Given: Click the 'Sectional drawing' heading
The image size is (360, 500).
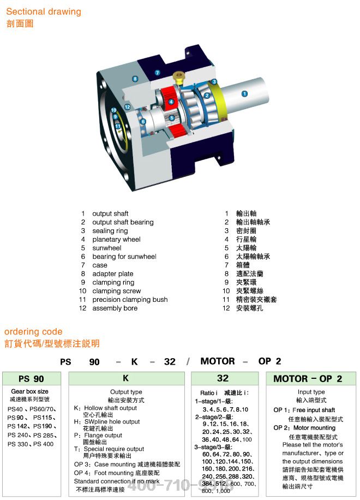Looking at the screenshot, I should (44, 11).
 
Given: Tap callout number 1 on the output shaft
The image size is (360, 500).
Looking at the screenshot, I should (244, 93).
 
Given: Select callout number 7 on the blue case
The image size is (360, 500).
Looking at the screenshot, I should (157, 73).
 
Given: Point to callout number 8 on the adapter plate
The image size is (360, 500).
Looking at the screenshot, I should (135, 79).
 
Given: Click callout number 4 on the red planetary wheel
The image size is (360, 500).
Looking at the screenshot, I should (171, 102).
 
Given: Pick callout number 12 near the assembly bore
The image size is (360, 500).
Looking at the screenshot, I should (127, 107).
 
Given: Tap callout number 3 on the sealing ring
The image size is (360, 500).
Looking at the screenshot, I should (214, 82).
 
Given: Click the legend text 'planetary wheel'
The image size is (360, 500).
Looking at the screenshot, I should (116, 239).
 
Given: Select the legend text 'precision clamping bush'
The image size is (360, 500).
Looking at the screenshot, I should (130, 300).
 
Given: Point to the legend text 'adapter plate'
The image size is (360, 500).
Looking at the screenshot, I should (112, 273).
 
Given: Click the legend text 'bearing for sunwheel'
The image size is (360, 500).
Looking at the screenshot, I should (124, 257).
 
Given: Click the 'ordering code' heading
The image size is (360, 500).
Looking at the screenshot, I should (33, 331).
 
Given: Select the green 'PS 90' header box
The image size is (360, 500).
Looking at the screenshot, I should (31, 378).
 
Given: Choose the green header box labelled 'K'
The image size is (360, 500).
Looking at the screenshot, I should (126, 378).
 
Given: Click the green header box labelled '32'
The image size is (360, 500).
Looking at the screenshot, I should (223, 378).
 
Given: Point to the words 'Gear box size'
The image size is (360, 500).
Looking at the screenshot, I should (29, 391).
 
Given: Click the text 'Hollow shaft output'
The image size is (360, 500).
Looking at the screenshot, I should (111, 408).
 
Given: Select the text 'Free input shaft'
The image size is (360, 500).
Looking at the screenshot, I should (314, 410).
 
